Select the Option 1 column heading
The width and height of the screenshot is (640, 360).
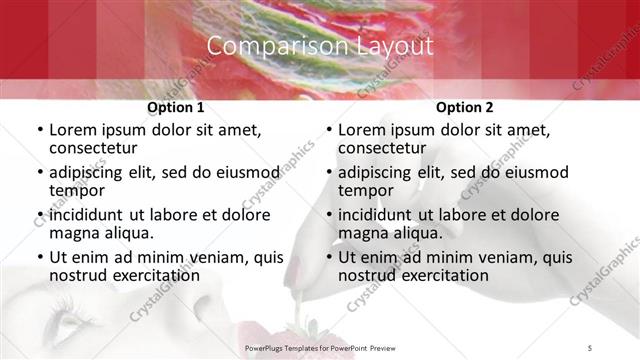(x=176, y=107)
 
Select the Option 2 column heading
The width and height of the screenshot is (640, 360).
(x=464, y=107)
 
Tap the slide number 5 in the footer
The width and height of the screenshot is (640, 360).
(x=591, y=347)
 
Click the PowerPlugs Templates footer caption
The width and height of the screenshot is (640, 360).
(x=320, y=347)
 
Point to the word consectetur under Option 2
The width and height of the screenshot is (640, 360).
(x=385, y=148)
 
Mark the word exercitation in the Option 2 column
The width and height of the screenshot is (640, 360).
(x=442, y=275)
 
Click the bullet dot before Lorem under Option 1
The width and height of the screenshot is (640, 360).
(x=39, y=130)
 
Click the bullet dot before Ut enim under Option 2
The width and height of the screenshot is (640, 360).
(x=328, y=257)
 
